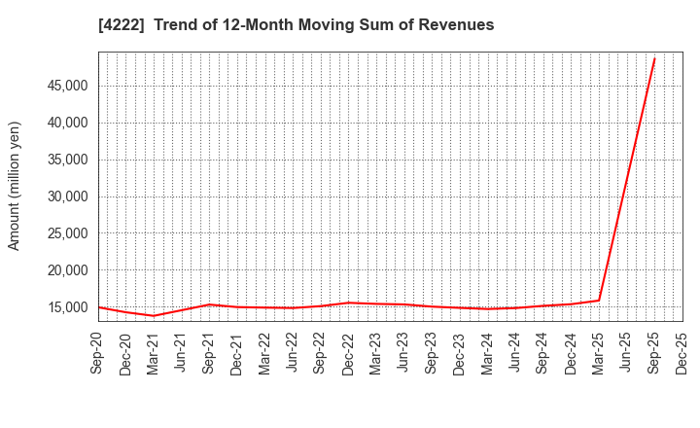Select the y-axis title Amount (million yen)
coord(15,186)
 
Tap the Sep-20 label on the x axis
coord(99,352)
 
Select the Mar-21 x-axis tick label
coord(155,352)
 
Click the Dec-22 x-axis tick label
coord(349,352)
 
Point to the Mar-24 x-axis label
coord(488,352)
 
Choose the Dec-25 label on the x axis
coord(682,352)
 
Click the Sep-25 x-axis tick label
coord(654,352)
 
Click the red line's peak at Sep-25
coord(654,58)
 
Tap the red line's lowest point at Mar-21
coord(154,315)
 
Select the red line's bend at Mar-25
coord(599,300)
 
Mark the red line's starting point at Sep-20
coord(99,307)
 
